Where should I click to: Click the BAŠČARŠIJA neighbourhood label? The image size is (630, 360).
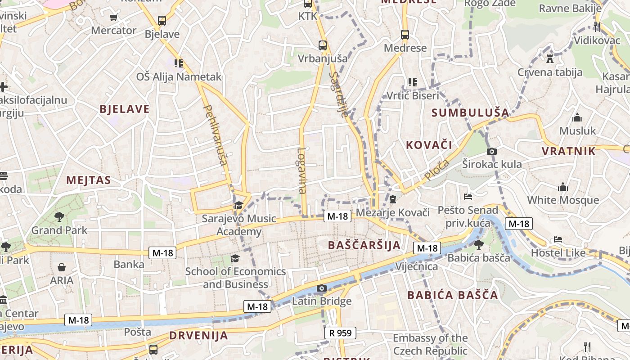click(x=364, y=245)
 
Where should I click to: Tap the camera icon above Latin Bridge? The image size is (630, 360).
click(x=321, y=288)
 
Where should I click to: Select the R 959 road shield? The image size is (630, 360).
click(x=340, y=333)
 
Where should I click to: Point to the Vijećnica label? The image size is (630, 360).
click(x=416, y=266)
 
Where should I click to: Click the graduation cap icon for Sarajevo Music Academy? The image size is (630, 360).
click(x=238, y=206)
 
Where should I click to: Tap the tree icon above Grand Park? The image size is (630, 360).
click(x=59, y=217)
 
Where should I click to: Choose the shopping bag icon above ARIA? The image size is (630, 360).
click(x=62, y=267)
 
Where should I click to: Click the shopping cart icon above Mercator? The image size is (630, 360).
click(x=113, y=18)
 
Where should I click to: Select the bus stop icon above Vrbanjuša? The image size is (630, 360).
click(x=322, y=45)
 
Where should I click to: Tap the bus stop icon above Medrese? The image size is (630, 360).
click(x=405, y=34)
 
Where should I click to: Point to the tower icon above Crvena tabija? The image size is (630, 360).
click(x=549, y=58)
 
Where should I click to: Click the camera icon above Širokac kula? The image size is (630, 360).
click(x=492, y=151)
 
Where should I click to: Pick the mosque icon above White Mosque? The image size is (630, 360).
click(x=562, y=187)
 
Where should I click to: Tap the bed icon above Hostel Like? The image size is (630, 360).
click(x=558, y=239)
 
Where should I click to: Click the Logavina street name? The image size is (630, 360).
click(x=302, y=171)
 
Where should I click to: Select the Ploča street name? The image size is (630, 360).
click(x=436, y=170)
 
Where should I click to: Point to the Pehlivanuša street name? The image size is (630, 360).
click(x=216, y=135)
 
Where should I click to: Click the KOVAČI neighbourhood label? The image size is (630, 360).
click(x=429, y=145)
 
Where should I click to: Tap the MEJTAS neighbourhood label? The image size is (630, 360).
click(x=89, y=180)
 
